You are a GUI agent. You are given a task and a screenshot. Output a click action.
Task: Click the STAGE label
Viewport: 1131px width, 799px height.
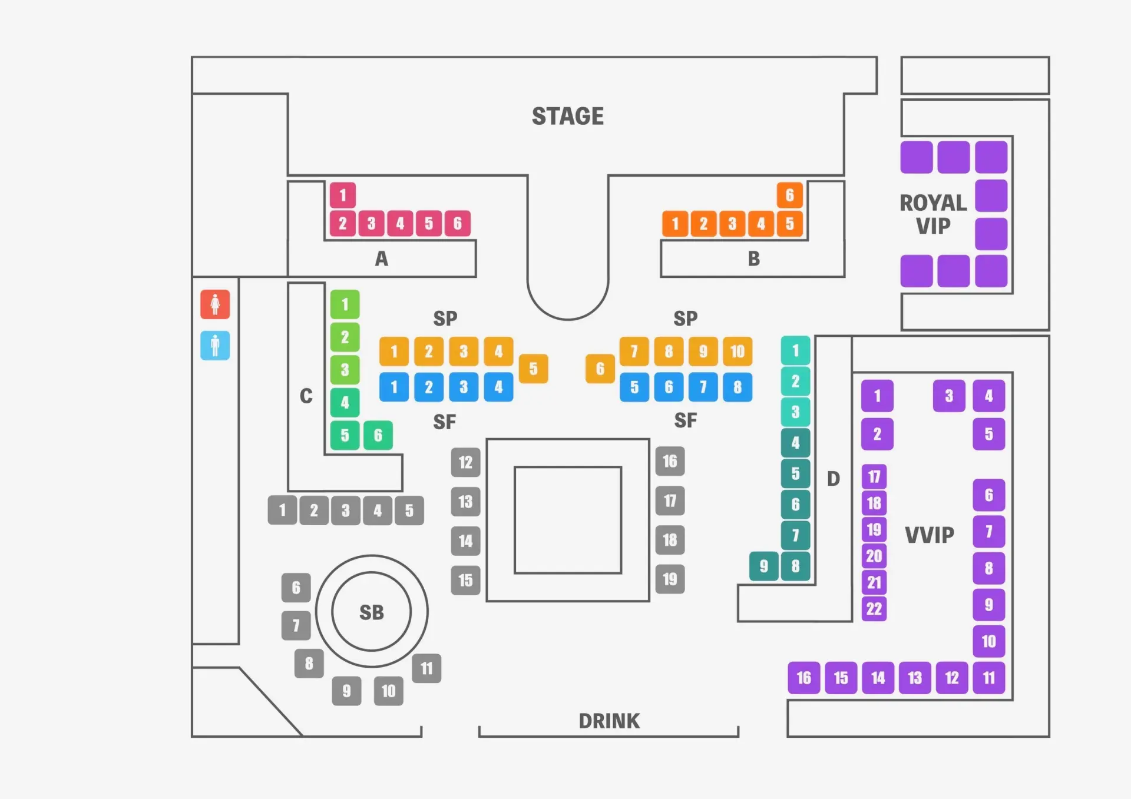point(567,116)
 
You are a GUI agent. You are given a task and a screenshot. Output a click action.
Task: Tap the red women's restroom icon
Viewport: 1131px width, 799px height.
point(215,304)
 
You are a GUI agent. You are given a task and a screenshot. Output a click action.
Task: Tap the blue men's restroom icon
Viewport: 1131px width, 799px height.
point(215,345)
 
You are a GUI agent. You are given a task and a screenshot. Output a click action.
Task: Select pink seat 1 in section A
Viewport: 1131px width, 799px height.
point(342,195)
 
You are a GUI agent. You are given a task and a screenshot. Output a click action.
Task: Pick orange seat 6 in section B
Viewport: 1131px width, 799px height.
point(789,195)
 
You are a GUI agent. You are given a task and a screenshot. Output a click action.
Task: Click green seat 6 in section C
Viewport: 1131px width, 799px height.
point(378,435)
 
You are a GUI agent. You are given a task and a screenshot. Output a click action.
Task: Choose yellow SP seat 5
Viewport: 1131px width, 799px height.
point(533,369)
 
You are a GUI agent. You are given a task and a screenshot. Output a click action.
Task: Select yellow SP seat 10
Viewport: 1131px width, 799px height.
point(738,352)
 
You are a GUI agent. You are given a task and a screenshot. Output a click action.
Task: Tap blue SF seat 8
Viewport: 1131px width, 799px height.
point(738,387)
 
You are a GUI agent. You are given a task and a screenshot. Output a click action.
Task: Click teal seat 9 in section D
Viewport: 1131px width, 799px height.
point(763,566)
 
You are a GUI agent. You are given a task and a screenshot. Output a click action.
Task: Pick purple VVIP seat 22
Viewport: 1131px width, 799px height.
point(874,609)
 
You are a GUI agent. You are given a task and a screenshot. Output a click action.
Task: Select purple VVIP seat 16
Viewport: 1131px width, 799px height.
point(804,678)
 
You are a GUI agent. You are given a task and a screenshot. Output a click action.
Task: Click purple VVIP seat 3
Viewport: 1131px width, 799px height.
point(948,396)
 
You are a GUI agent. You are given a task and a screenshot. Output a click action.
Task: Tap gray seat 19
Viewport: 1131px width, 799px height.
point(670,579)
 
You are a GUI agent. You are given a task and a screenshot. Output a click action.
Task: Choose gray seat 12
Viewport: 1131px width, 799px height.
point(465,462)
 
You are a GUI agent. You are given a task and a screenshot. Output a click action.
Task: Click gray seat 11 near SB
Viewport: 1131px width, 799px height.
point(426,668)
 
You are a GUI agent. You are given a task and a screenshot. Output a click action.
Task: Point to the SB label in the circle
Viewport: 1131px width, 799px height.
point(371,612)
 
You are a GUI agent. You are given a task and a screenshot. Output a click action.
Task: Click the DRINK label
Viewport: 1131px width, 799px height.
point(609,721)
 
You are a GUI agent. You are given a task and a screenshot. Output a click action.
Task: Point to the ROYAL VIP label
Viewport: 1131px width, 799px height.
point(933,214)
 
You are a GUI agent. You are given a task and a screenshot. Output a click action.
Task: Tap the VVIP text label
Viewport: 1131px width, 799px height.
point(929,535)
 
